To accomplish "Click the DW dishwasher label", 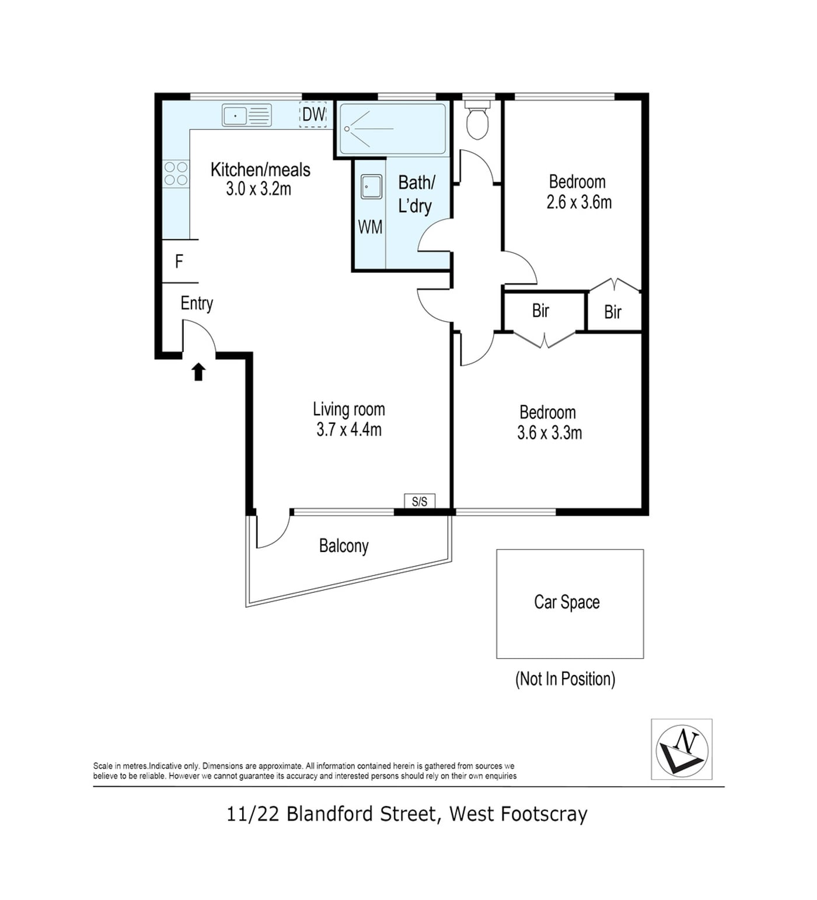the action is pos(313,114).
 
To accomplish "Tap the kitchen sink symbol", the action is pos(247,115).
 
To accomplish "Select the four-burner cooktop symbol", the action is pos(176,174).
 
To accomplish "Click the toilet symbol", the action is pos(477,120).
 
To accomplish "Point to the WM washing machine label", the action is pos(370,227).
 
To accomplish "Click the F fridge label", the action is pos(179,261).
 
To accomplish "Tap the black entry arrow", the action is pos(199,371).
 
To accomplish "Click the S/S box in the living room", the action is pos(420,501).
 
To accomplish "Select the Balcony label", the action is pos(344,546).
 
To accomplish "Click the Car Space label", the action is pos(567,602).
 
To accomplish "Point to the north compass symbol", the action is pos(682,749).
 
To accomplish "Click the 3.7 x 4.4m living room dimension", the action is pos(349,430).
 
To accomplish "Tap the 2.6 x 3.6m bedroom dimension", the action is pos(579,202).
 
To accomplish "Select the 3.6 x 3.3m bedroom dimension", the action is pos(549,433).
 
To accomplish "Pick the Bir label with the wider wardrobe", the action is pos(540,310).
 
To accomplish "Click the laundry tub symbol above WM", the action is pos(372,187).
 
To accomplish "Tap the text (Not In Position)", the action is pos(565,679).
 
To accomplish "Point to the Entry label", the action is pos(197,304).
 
